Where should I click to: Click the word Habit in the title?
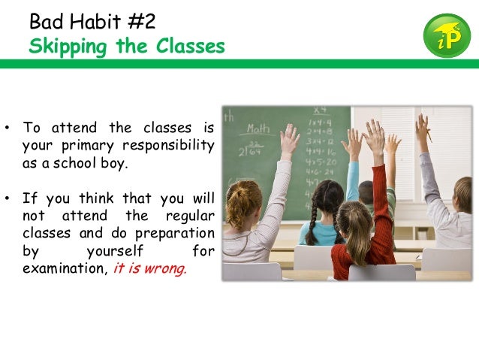click(x=95, y=20)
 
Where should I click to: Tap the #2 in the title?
click(x=140, y=20)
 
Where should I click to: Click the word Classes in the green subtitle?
click(x=190, y=47)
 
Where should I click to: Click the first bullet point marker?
click(x=7, y=127)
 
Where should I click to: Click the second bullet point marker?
click(x=7, y=199)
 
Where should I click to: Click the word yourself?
click(x=115, y=250)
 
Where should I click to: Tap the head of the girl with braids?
click(x=327, y=198)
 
